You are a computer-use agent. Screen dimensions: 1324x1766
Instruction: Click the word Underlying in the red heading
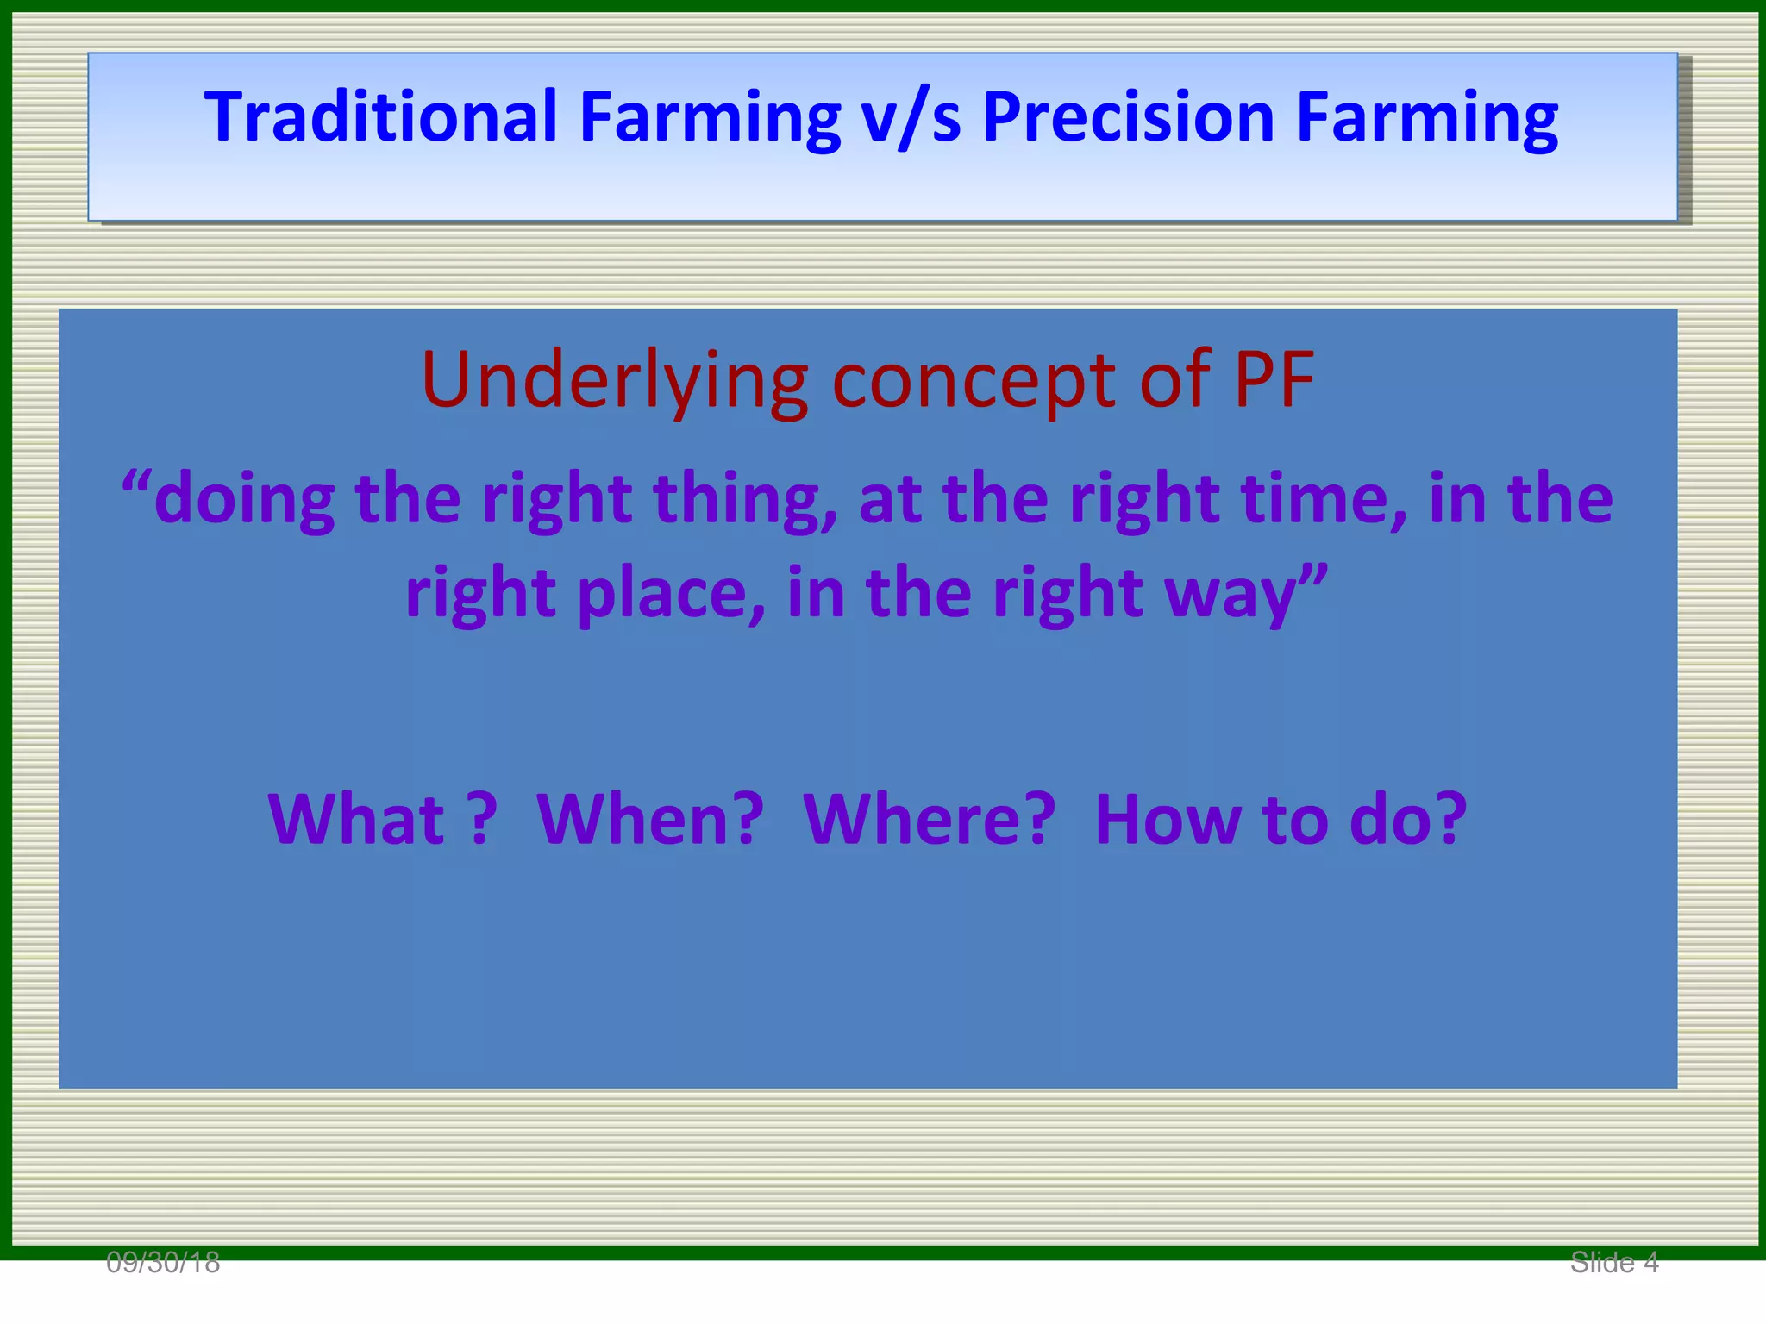pos(614,381)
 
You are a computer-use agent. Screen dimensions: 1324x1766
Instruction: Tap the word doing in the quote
pos(244,500)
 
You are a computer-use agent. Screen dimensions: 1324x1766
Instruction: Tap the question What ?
pos(383,819)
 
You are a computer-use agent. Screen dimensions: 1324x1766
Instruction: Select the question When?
pos(650,819)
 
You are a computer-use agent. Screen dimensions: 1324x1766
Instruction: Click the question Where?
pos(929,819)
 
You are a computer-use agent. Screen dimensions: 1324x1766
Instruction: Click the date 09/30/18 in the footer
pos(163,1263)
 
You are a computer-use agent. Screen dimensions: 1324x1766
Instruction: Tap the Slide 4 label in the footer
pos(1614,1263)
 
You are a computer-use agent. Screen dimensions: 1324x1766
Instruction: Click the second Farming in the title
pos(1427,118)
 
